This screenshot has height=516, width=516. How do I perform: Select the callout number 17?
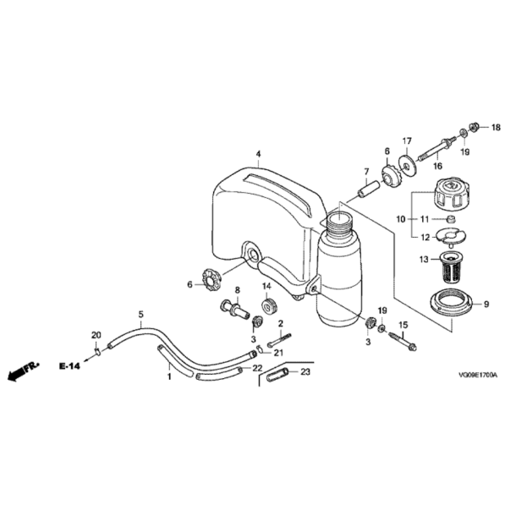(406, 140)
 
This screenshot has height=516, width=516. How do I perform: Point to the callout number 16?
(437, 167)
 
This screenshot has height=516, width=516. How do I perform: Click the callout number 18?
(497, 128)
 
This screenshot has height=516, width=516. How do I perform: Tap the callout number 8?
(238, 290)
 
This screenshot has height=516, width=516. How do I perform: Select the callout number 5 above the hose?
(140, 314)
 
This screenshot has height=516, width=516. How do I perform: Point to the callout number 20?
(96, 335)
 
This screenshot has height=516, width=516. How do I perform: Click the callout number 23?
(306, 371)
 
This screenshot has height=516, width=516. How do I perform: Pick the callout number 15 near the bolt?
(403, 325)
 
